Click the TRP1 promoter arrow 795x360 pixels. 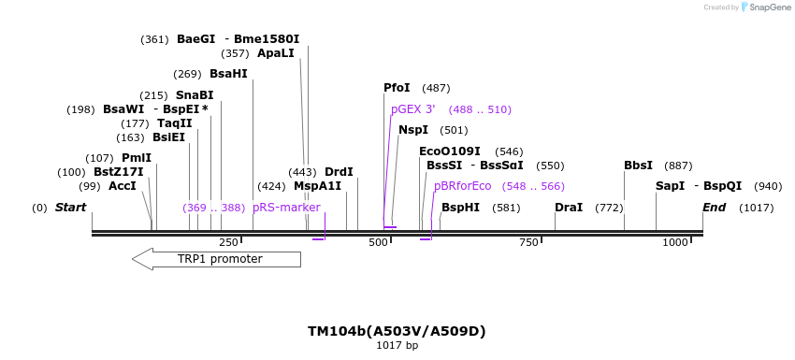coord(217,259)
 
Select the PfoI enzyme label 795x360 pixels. coord(397,88)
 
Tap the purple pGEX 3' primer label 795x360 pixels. coord(413,109)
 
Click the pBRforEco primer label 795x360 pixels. coord(462,186)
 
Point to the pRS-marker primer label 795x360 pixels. coord(286,208)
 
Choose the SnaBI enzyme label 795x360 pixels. coord(195,95)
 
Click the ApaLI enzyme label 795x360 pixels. coord(276,53)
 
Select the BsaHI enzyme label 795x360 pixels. coord(228,74)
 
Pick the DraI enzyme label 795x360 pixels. coord(569,208)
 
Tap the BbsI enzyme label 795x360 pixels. coord(638,166)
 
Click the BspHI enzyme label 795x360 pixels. coord(460,208)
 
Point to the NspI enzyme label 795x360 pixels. coord(413,130)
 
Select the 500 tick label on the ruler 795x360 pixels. coord(378,243)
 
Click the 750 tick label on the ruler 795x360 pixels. coord(528,243)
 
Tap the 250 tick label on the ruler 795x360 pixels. coord(228,243)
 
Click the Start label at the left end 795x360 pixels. coord(70,208)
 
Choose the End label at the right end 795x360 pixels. coord(714,208)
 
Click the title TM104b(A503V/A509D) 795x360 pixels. coord(397,331)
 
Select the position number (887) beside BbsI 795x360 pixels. coord(678,166)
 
